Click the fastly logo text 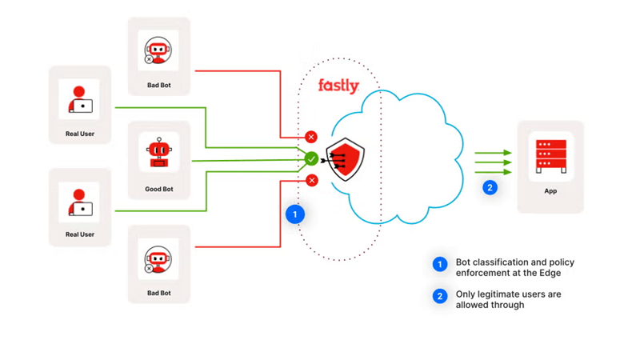coord(338,86)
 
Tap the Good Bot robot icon coord(159,152)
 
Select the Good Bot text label coord(159,190)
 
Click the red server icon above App coord(550,157)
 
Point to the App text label coord(550,191)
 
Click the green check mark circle coord(311,159)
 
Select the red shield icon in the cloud coord(348,160)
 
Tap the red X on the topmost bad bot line coord(311,137)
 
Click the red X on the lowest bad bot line coord(311,181)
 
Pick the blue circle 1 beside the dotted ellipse coord(295,214)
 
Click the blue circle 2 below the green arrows coord(490,187)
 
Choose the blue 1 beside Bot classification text coord(439,265)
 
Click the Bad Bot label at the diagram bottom coord(158,293)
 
